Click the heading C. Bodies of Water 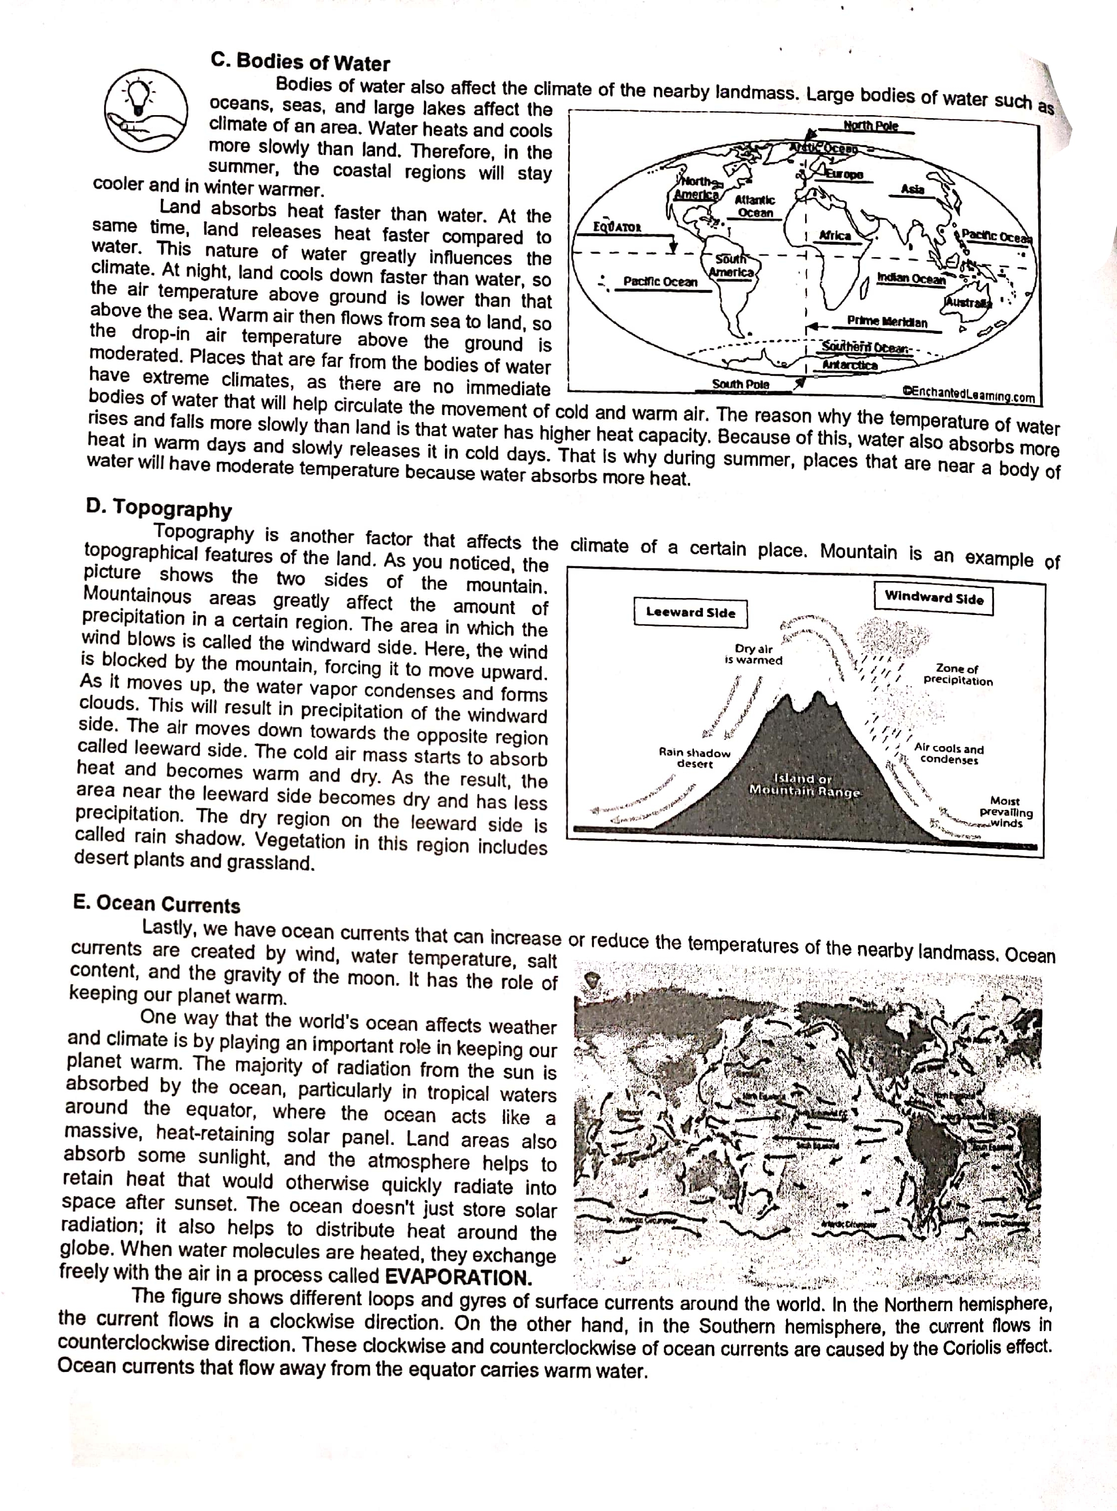(300, 62)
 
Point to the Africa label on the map (835, 235)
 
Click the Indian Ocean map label (910, 278)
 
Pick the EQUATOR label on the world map (617, 227)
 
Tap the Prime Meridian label (886, 321)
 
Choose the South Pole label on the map (740, 384)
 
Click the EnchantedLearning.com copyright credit (968, 394)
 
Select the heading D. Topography (159, 508)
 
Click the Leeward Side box (691, 612)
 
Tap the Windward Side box (934, 597)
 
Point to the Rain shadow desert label (695, 757)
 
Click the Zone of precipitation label (958, 675)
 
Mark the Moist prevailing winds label (1005, 812)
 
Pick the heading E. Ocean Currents (157, 905)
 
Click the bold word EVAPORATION (458, 1278)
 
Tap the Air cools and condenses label (949, 754)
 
